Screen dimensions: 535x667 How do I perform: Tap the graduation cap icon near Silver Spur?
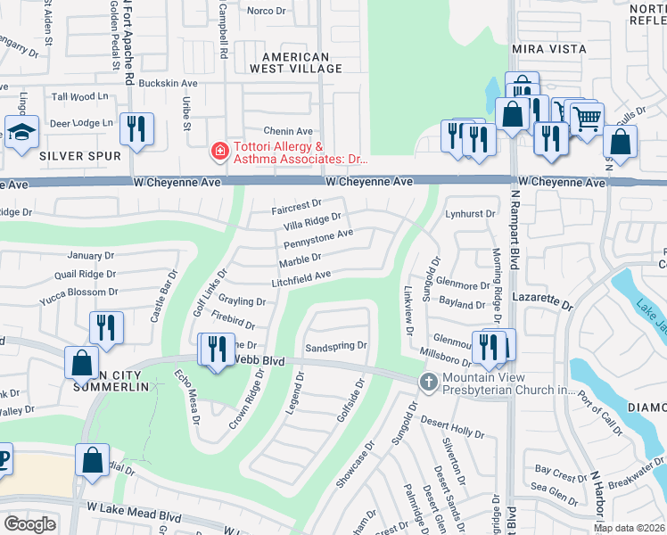click(21, 132)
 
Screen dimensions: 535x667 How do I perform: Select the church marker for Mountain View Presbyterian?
click(428, 382)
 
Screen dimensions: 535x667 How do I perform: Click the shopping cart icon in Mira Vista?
click(586, 118)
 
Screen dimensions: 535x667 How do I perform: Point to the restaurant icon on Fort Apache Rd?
click(136, 129)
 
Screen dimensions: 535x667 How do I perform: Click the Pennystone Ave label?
click(318, 239)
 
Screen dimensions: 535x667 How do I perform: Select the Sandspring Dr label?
click(335, 345)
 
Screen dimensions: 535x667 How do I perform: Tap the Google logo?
click(29, 524)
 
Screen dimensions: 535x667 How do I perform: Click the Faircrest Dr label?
click(296, 211)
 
